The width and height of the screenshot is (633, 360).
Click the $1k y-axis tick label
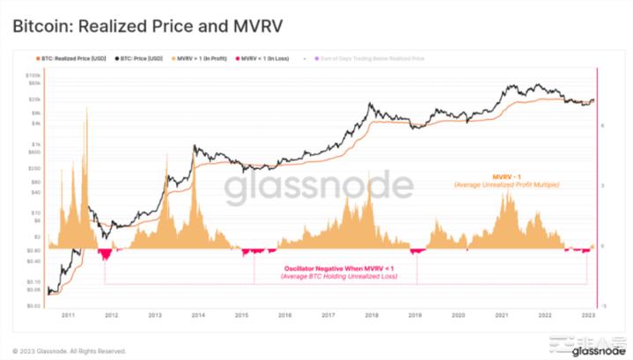[37, 144]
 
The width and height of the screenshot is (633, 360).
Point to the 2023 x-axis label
[586, 314]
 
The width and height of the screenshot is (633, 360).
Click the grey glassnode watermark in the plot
[317, 187]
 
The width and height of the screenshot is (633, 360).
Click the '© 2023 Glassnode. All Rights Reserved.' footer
[70, 350]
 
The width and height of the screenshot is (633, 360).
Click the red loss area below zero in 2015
[255, 253]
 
